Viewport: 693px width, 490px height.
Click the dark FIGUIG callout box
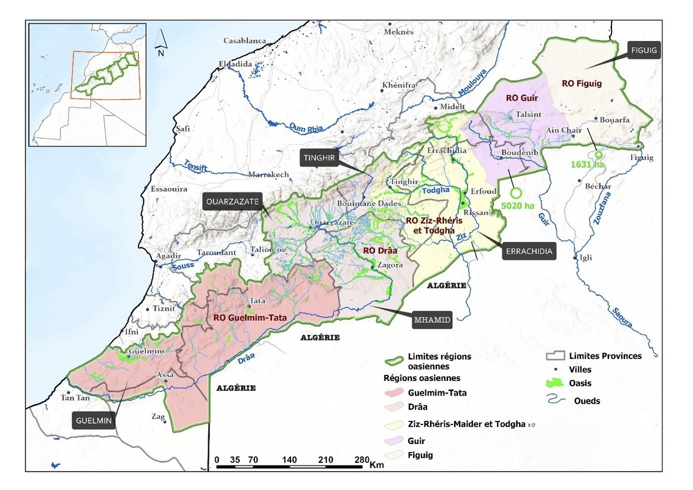(644, 51)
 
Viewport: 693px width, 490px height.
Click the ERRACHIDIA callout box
(529, 252)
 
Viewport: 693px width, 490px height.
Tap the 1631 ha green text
(586, 164)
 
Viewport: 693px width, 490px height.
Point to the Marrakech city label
(268, 175)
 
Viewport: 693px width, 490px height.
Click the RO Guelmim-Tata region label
(250, 318)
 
